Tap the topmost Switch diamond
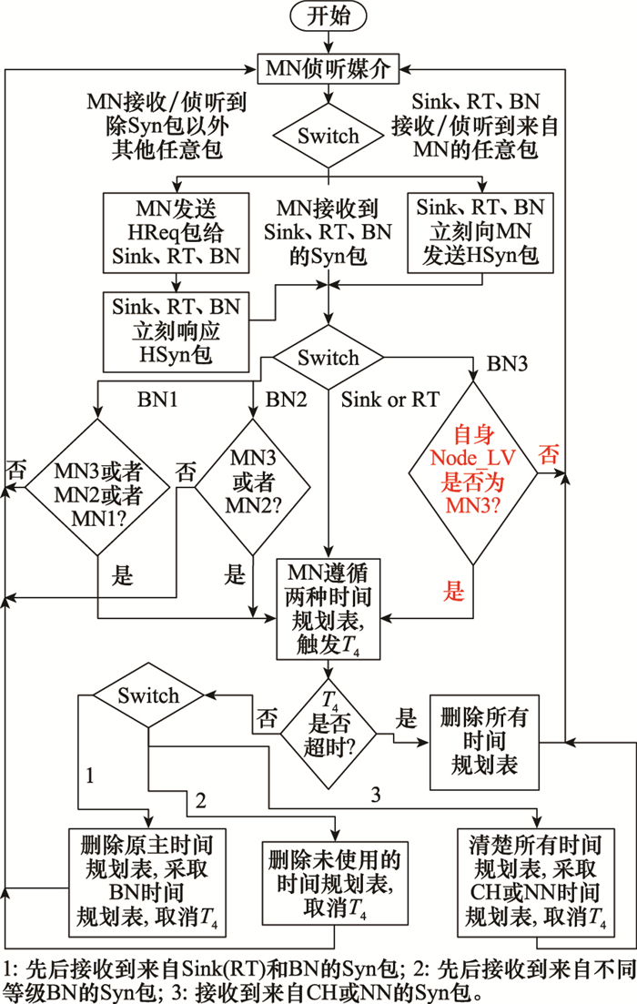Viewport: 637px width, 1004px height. click(x=329, y=137)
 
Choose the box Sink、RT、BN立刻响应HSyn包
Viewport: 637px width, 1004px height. click(x=176, y=331)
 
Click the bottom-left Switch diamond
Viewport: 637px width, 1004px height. click(x=148, y=696)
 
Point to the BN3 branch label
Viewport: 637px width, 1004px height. click(x=508, y=364)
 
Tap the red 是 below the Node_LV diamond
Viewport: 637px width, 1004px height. click(x=453, y=593)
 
